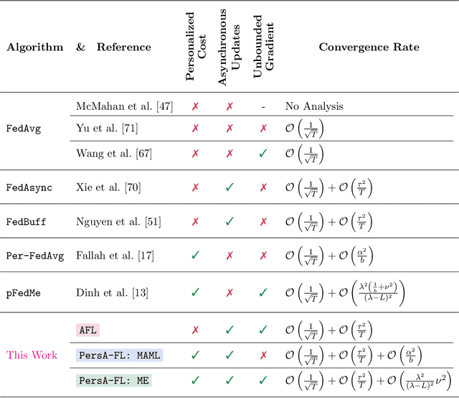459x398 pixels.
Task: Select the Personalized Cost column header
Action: (x=196, y=47)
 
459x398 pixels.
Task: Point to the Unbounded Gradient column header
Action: (x=263, y=47)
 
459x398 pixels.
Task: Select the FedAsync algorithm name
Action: (x=27, y=187)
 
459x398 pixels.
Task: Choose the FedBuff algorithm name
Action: (x=26, y=221)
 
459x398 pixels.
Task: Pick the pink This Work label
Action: (x=32, y=355)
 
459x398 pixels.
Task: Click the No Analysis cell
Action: (x=314, y=106)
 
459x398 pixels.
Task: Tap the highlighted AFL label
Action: (x=87, y=330)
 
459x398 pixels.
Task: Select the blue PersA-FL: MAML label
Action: (x=120, y=355)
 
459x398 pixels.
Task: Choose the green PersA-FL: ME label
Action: (x=114, y=380)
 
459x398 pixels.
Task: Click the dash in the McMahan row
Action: (x=263, y=106)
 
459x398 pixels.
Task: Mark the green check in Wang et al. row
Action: (x=263, y=152)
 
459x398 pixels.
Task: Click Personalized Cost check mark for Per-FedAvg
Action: (x=196, y=256)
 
